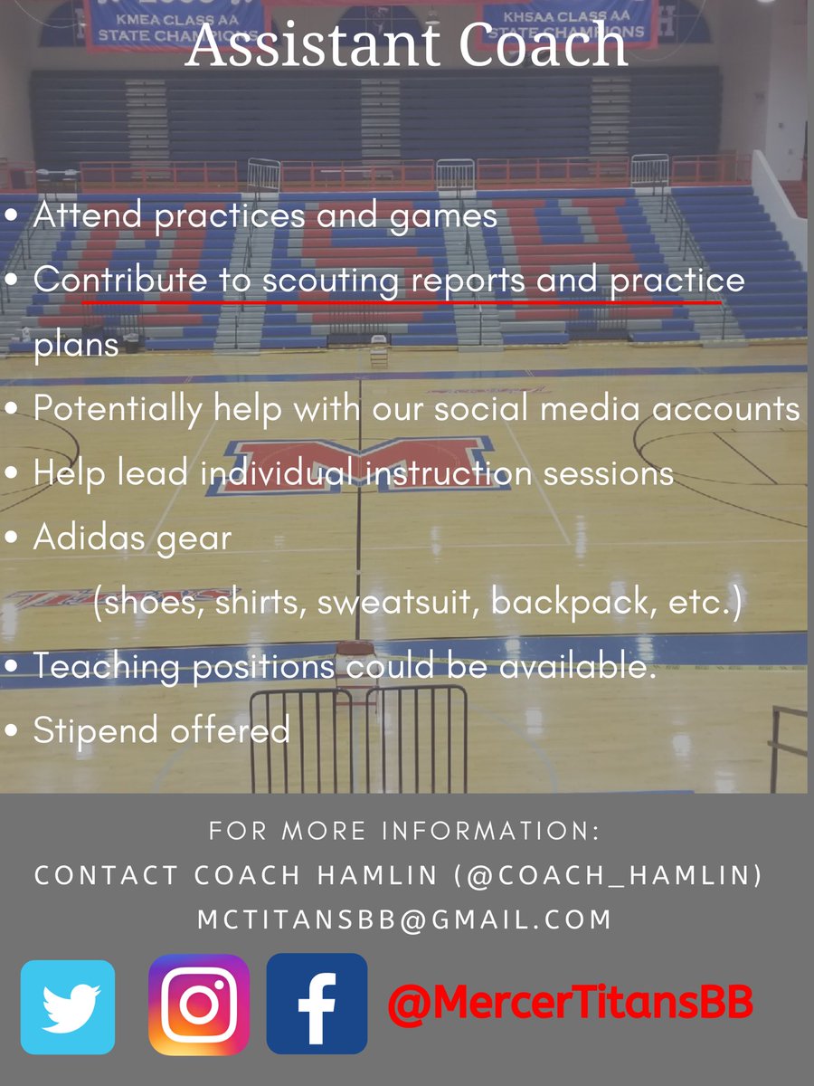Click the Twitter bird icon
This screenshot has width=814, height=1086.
[x=68, y=1007]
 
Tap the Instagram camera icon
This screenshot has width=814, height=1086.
[x=199, y=1005]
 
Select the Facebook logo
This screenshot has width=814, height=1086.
[x=317, y=1004]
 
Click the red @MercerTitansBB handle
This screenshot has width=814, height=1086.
[x=571, y=1003]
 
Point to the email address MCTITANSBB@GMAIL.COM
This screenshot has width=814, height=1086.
[x=405, y=919]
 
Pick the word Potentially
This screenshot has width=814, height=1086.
[x=118, y=409]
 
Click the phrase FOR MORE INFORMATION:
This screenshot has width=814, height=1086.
[x=405, y=831]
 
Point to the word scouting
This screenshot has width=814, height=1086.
[x=330, y=281]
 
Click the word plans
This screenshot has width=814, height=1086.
[x=76, y=345]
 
